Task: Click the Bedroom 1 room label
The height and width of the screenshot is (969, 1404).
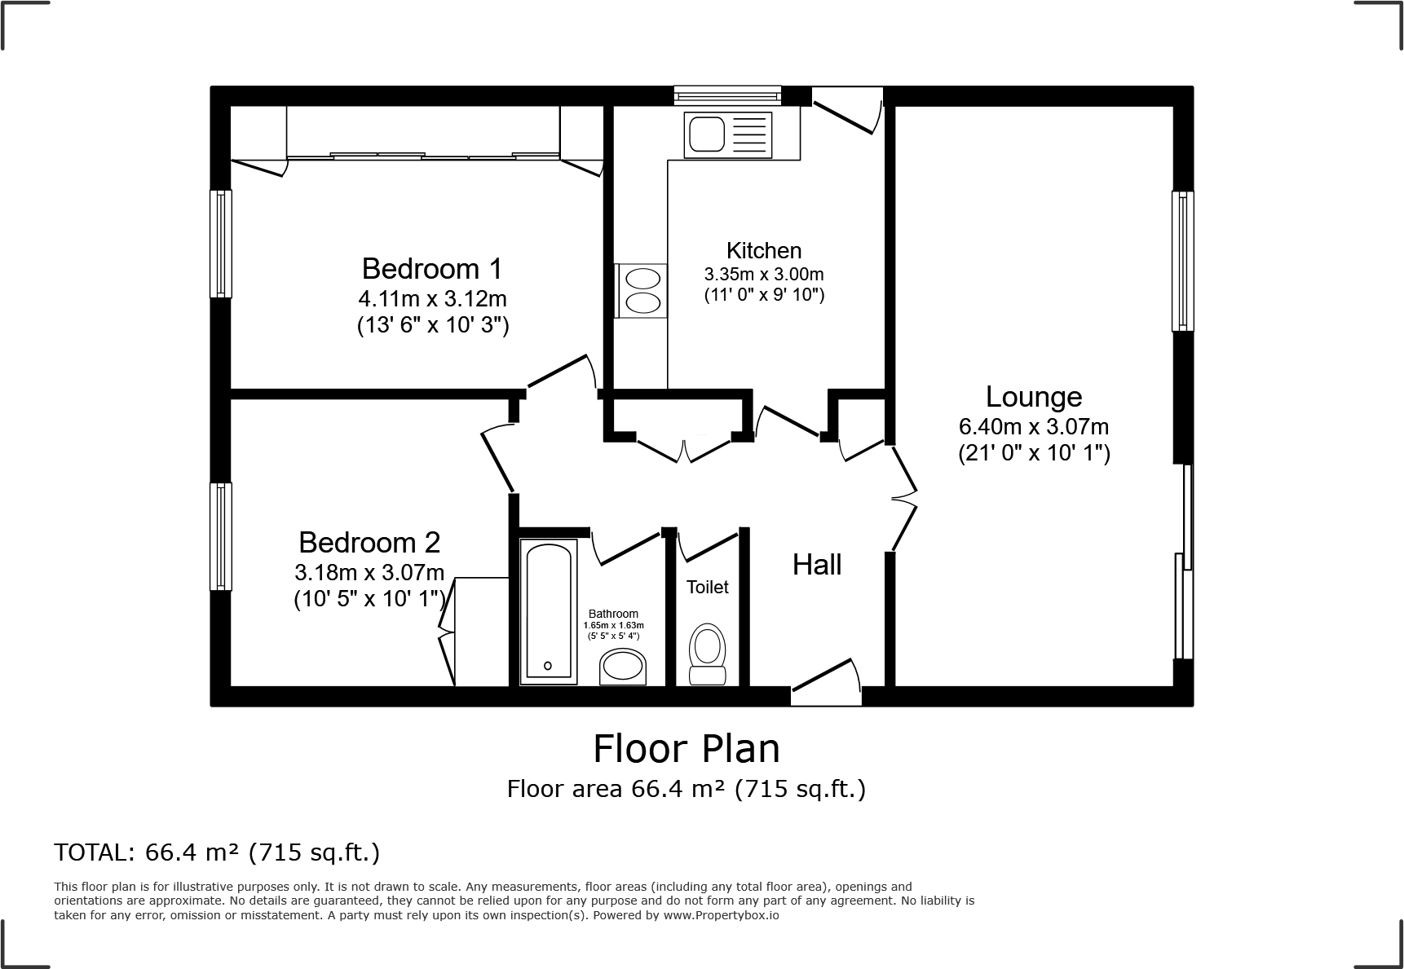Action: [x=432, y=268]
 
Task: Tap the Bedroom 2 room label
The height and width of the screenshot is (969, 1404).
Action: [x=369, y=542]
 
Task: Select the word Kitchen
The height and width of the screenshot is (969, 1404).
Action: [x=764, y=250]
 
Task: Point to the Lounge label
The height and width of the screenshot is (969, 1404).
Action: [x=1034, y=397]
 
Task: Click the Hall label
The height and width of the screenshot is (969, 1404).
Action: [x=816, y=565]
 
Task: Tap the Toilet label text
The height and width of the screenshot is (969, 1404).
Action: [x=707, y=587]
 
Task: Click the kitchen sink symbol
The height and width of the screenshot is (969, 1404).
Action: [x=706, y=134]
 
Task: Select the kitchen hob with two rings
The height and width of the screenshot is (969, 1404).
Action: [x=642, y=291]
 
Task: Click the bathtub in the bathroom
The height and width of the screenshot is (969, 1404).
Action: [x=548, y=611]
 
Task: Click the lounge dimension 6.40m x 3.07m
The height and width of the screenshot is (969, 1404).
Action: [x=1034, y=426]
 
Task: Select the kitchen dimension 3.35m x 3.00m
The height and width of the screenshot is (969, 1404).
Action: [x=764, y=274]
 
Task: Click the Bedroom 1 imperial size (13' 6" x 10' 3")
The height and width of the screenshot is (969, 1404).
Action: [x=433, y=326]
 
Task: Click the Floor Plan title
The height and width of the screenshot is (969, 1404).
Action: [x=687, y=749]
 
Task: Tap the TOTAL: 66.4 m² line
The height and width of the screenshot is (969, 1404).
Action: [x=217, y=852]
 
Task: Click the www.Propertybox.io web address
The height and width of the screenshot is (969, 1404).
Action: [x=721, y=915]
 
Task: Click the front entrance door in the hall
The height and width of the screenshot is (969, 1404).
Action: [x=825, y=683]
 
